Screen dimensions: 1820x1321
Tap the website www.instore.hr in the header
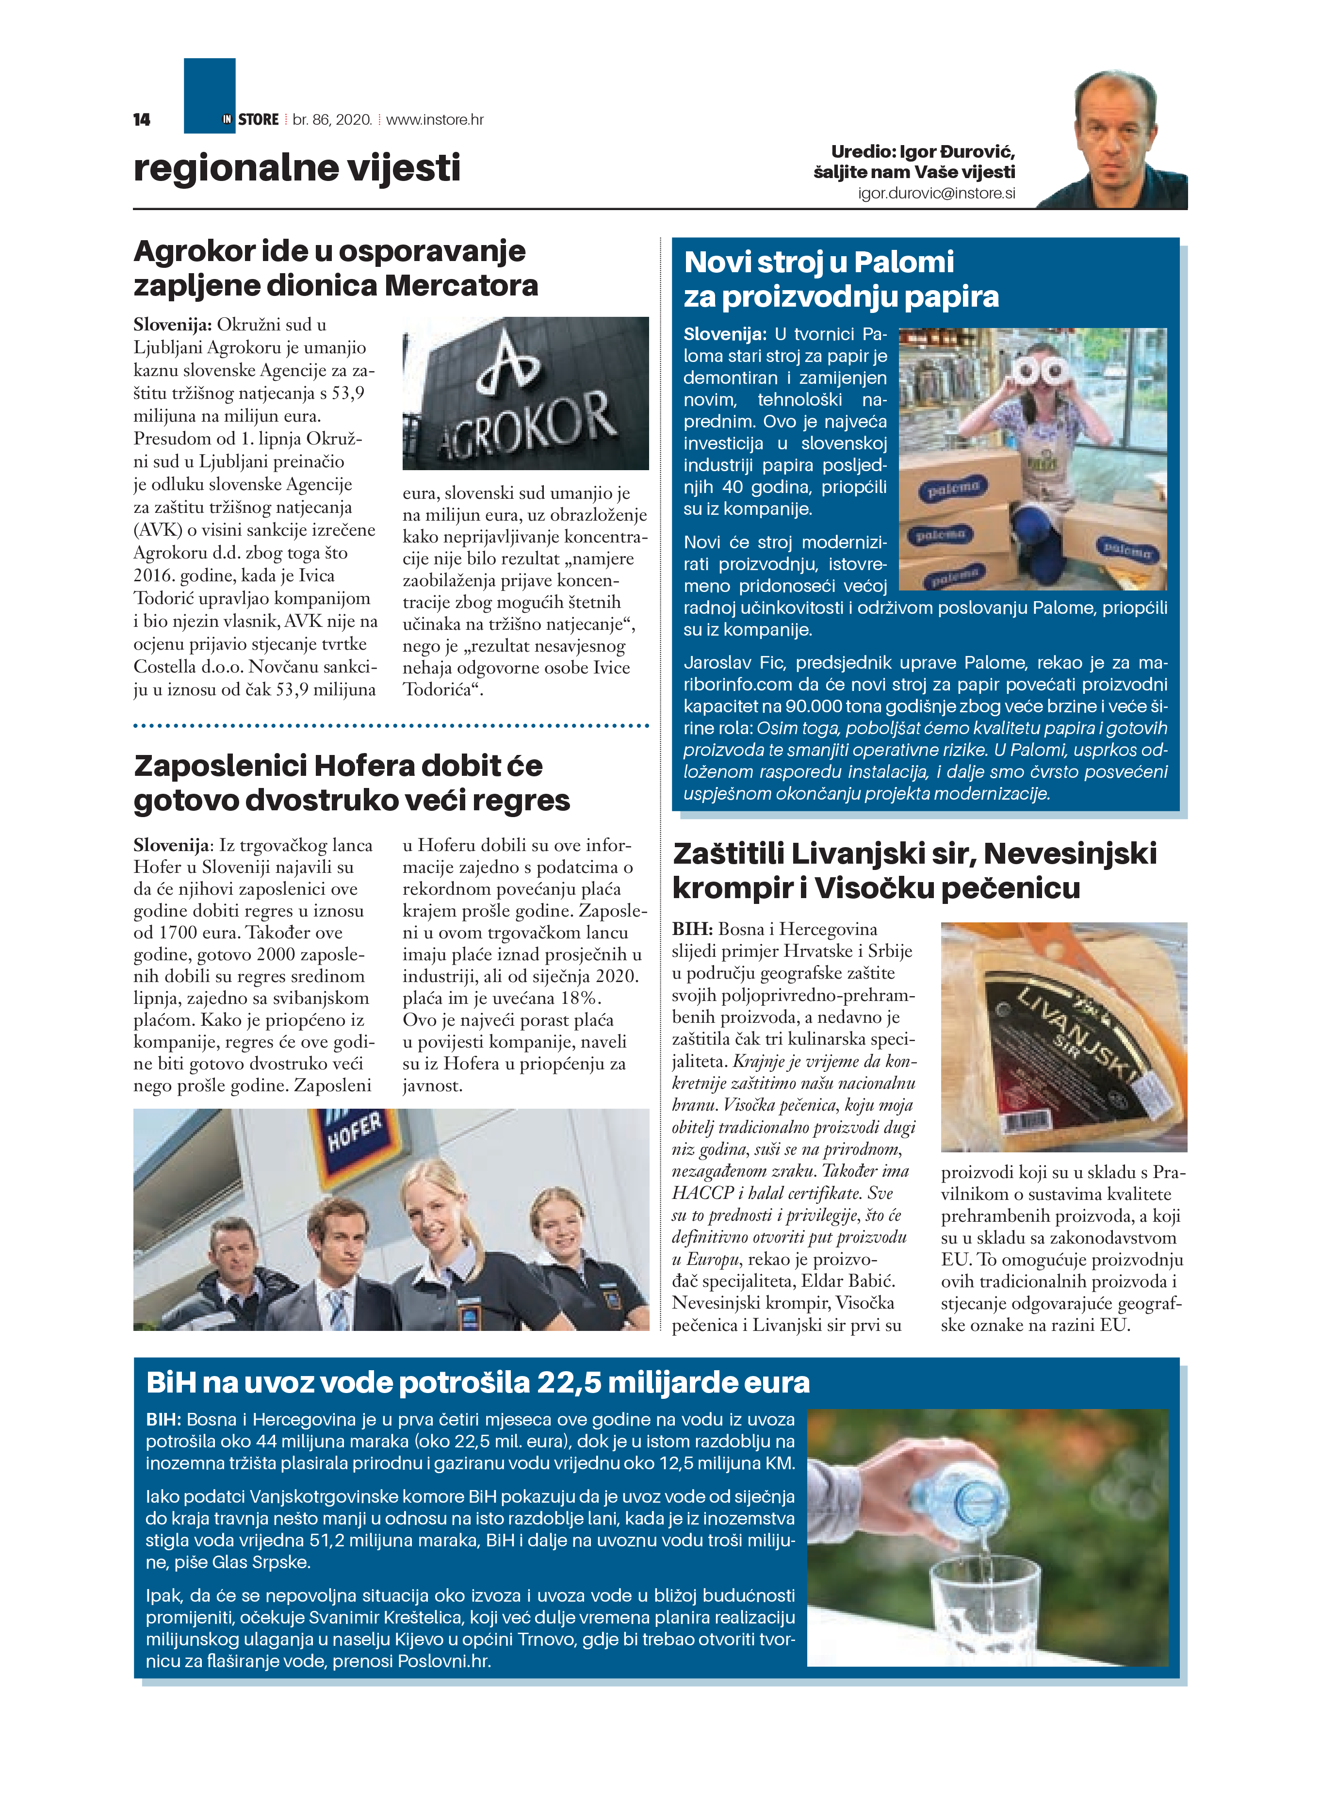[x=435, y=119]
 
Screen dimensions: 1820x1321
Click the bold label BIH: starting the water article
[x=163, y=1420]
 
